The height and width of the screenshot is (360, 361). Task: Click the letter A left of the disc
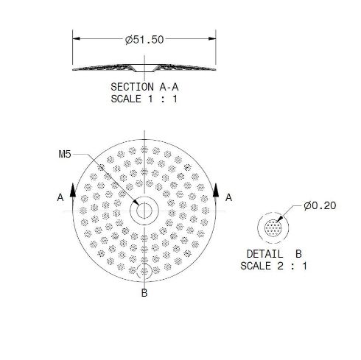click(x=60, y=197)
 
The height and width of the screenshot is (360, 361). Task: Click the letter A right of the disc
click(x=229, y=197)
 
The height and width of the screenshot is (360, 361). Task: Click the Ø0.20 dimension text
click(x=319, y=205)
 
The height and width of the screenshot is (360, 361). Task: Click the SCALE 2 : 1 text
click(x=272, y=266)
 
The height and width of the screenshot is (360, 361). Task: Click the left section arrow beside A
click(x=73, y=190)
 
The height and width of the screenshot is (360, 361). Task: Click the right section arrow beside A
click(x=216, y=190)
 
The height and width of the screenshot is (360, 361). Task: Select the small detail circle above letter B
click(x=144, y=272)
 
